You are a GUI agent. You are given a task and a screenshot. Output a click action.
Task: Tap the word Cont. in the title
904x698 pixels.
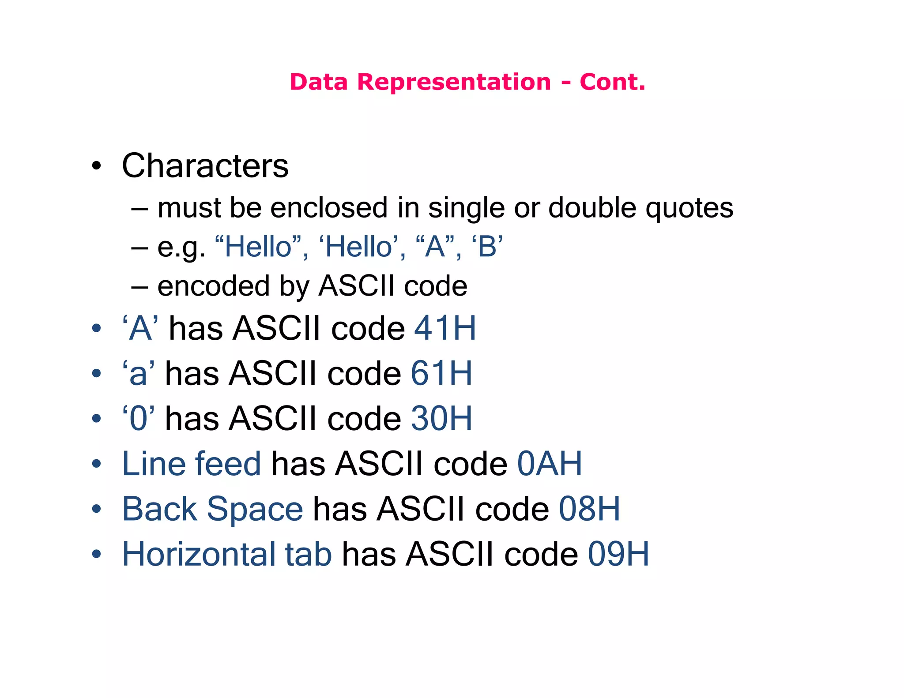[612, 82]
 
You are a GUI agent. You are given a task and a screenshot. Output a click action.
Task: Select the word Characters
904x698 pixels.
[205, 166]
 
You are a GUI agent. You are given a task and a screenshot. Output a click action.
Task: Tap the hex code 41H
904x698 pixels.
[445, 328]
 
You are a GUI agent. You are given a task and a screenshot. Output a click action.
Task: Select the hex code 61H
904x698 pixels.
[441, 374]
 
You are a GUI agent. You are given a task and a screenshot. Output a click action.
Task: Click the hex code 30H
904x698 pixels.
[441, 418]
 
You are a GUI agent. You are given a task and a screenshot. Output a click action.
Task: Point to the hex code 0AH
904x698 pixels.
[549, 464]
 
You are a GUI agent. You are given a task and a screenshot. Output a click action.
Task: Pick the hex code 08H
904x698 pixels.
[589, 509]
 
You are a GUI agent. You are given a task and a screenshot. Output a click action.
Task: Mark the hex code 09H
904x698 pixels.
[618, 554]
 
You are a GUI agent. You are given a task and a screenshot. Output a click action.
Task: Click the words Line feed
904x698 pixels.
[192, 464]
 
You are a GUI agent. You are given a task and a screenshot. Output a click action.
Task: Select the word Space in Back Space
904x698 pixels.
[255, 510]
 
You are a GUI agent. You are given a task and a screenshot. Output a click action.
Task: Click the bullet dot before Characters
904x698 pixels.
[96, 166]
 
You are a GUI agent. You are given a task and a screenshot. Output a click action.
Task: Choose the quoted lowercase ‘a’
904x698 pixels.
[139, 374]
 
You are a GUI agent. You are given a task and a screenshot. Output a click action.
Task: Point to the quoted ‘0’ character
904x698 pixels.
[139, 418]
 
